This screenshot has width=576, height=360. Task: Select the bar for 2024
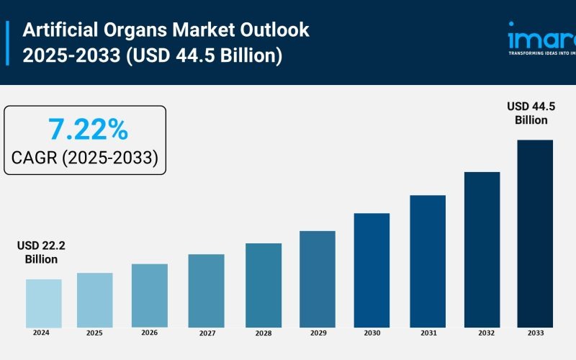pyautogui.click(x=43, y=303)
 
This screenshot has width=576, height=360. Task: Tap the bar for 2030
pyautogui.click(x=372, y=270)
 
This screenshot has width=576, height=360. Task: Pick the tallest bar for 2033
pyautogui.click(x=535, y=233)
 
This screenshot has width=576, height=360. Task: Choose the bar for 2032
pyautogui.click(x=482, y=249)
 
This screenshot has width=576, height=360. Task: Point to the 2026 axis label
pyautogui.click(x=149, y=333)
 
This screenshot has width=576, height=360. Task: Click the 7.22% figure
pyautogui.click(x=88, y=130)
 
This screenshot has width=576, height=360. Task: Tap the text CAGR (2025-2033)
pyautogui.click(x=85, y=158)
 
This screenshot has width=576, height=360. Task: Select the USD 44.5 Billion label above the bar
pyautogui.click(x=531, y=114)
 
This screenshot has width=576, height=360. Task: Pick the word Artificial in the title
pyautogui.click(x=63, y=30)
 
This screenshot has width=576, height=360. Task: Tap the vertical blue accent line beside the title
pyautogui.click(x=8, y=43)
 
